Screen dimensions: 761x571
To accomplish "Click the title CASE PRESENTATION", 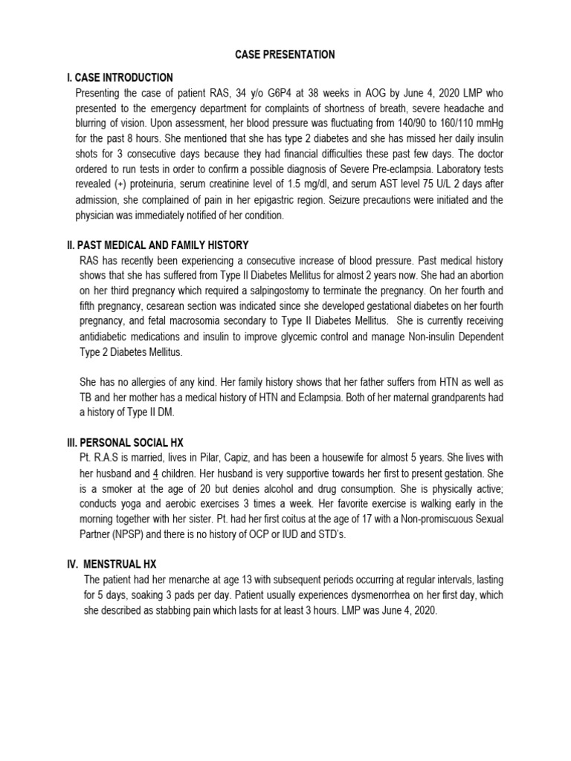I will [285, 55].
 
